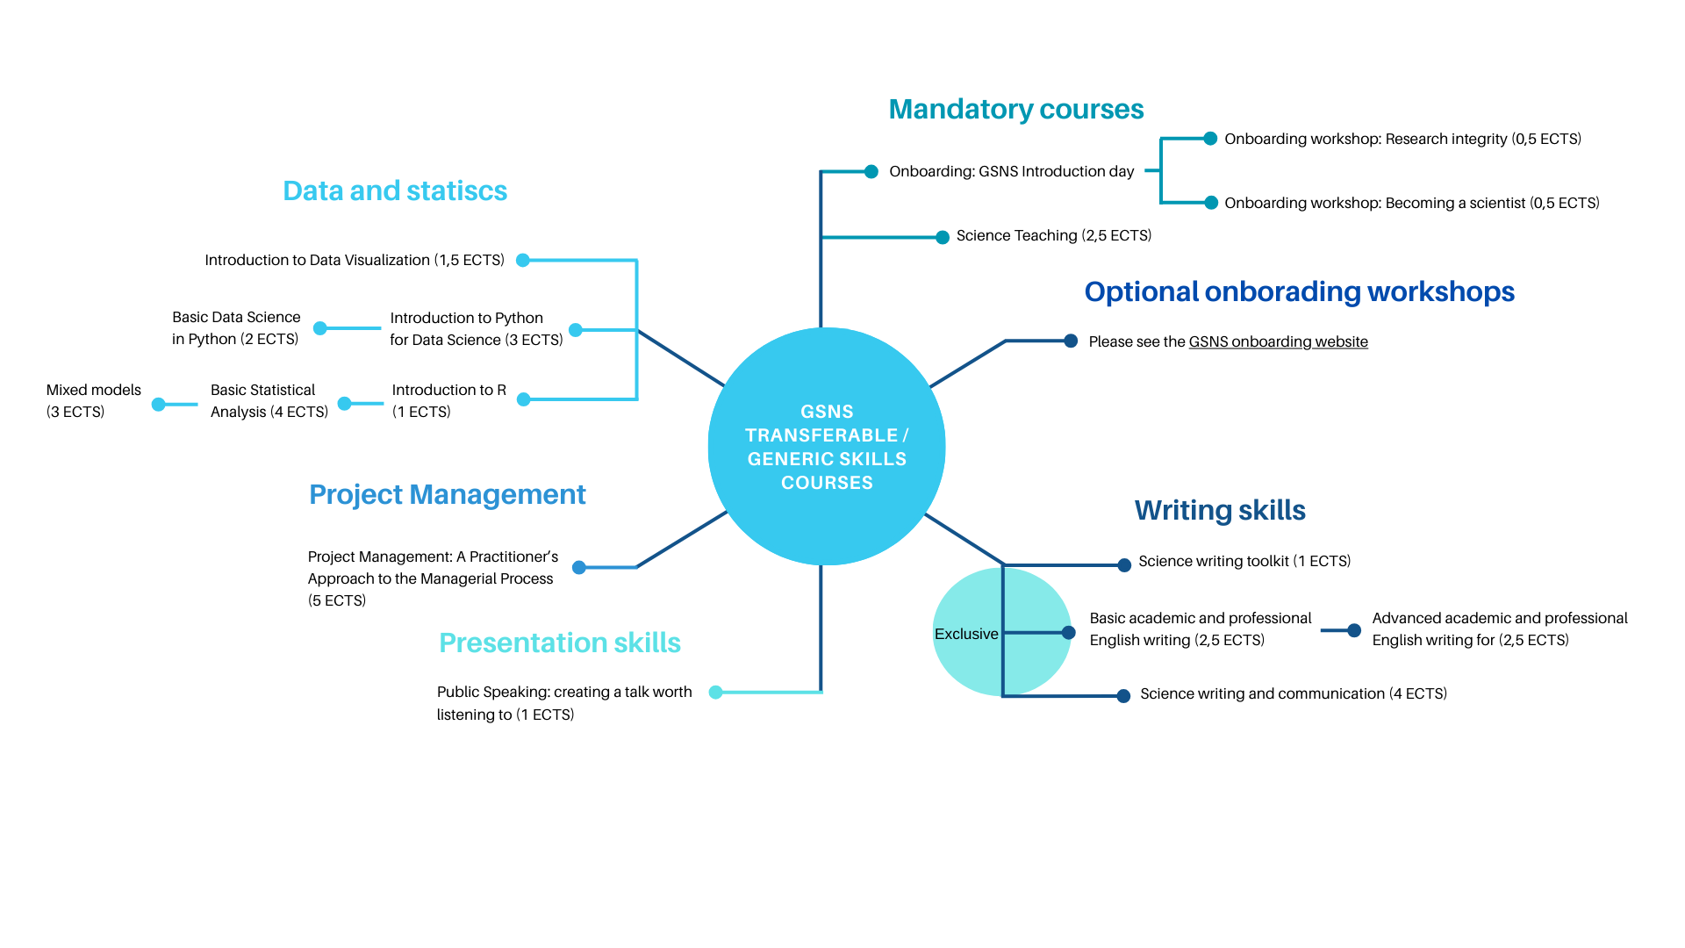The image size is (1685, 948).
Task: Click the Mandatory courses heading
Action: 1016,109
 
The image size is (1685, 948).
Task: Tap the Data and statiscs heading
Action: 395,190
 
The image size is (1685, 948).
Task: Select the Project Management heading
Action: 448,494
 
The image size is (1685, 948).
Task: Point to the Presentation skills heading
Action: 560,643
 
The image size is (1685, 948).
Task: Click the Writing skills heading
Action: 1220,510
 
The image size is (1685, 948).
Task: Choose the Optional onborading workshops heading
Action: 1300,291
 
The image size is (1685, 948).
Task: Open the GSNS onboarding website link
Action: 1279,341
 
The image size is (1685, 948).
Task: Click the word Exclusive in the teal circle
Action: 966,634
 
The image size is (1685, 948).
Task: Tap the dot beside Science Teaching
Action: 943,237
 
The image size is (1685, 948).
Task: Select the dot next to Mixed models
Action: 158,405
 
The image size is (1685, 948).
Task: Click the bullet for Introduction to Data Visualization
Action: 523,260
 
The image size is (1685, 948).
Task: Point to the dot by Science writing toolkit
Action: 1124,565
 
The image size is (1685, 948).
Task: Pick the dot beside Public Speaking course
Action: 715,693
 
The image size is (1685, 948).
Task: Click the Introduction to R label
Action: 449,400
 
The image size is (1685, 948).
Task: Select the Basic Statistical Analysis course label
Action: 269,400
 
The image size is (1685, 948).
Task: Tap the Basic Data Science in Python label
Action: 236,327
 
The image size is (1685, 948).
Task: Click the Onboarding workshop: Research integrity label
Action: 1403,139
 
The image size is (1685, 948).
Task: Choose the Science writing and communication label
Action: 1294,693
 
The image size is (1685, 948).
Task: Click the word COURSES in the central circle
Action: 828,483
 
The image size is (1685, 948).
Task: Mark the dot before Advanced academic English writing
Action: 1354,630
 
